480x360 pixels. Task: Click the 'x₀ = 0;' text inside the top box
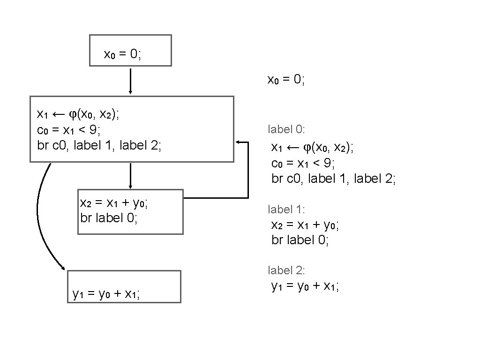click(122, 54)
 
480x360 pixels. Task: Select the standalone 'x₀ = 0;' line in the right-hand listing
click(286, 79)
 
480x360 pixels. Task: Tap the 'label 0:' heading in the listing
click(286, 128)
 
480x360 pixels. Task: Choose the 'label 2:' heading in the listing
click(286, 270)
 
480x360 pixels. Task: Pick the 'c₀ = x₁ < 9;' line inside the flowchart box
click(70, 129)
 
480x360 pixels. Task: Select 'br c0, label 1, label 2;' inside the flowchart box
click(99, 145)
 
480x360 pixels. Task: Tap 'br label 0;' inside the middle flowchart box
click(109, 218)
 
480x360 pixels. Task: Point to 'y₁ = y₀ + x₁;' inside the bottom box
click(106, 294)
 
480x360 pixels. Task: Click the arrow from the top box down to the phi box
click(130, 81)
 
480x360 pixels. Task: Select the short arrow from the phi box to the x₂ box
click(130, 175)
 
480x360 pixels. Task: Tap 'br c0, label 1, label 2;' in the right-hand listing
click(334, 179)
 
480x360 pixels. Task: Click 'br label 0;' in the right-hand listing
click(300, 240)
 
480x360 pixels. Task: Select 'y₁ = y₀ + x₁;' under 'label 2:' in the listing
click(305, 285)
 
